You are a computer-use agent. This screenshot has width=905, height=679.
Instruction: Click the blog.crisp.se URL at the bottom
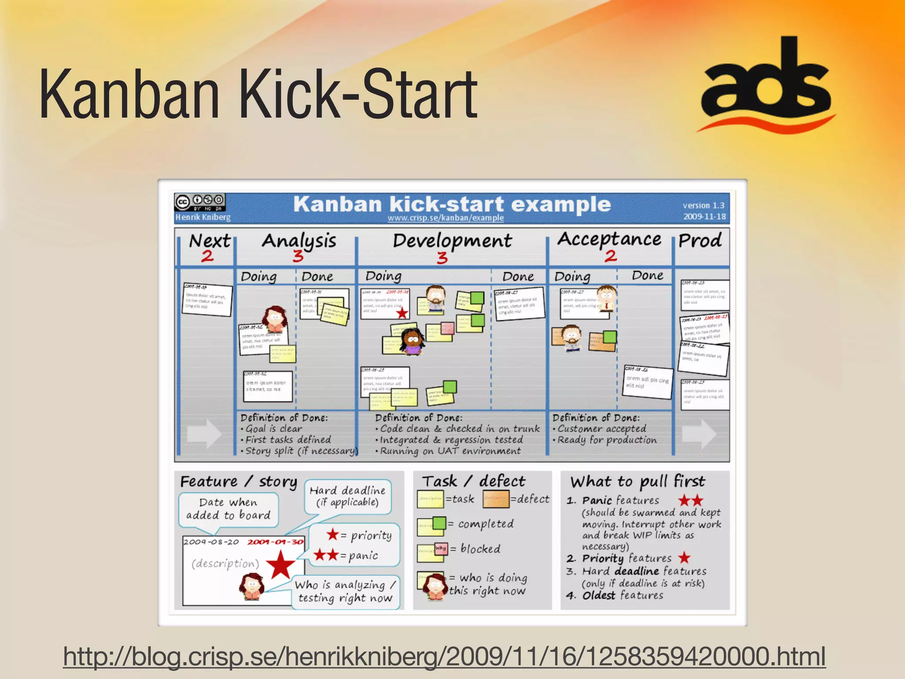pos(444,656)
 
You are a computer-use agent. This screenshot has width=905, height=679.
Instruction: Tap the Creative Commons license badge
pos(200,202)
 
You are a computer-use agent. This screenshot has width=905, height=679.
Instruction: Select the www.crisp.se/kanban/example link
pos(445,218)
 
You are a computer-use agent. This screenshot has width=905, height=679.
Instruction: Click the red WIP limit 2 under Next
pos(207,256)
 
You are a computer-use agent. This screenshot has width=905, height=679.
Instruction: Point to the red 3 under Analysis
pos(298,256)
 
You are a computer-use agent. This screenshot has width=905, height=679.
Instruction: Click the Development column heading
pos(452,241)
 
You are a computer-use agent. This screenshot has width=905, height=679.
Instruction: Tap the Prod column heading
pos(700,241)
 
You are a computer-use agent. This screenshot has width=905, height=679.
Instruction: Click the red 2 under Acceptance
pos(611,256)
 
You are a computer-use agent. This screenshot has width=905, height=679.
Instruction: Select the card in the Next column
pos(207,300)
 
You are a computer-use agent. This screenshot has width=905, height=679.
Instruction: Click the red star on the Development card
pos(402,313)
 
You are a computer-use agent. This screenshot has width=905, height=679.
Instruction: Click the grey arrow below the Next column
pos(204,434)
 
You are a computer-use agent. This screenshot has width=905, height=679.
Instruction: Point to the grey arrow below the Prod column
pos(699,434)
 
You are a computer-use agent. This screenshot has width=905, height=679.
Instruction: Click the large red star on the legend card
pos(280,566)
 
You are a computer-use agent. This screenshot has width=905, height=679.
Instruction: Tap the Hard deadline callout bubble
pos(347,496)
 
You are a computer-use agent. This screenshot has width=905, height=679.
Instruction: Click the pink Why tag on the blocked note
pos(441,549)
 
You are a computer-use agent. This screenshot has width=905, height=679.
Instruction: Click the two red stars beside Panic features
pos(691,501)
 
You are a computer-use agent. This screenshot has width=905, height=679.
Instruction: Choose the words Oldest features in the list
pos(623,596)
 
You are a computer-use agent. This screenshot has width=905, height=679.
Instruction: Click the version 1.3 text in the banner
pos(703,206)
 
